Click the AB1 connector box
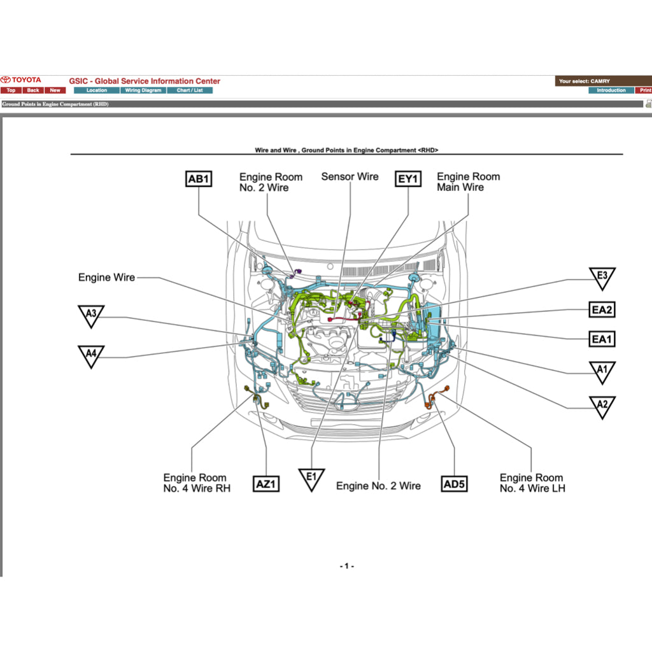click(x=199, y=179)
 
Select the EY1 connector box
click(x=408, y=179)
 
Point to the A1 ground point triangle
click(x=602, y=371)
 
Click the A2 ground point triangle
click(x=602, y=405)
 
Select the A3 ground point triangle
click(x=91, y=315)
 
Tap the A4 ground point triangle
click(x=91, y=355)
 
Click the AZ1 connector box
click(x=266, y=484)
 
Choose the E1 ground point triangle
click(x=311, y=478)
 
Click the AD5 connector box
click(x=455, y=484)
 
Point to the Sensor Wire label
click(x=350, y=176)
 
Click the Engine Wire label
click(x=106, y=278)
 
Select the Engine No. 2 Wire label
click(x=378, y=486)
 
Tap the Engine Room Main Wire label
click(x=469, y=181)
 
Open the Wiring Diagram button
click(x=143, y=90)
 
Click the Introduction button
click(x=611, y=90)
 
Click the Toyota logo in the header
click(x=21, y=80)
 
